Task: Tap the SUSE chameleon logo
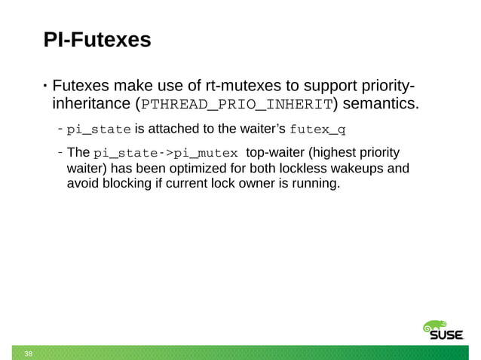(442, 331)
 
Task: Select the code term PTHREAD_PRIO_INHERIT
(238, 103)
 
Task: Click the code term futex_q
(317, 126)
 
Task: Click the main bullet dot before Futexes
(44, 83)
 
